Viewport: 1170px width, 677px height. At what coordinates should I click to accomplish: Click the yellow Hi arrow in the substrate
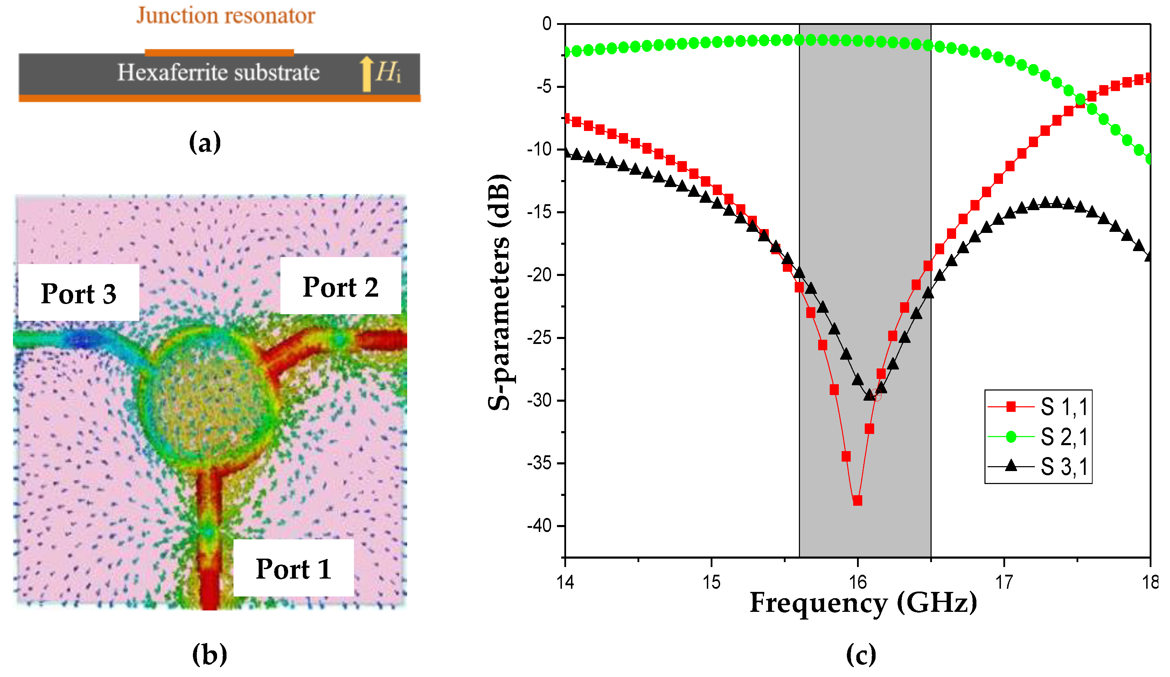(366, 73)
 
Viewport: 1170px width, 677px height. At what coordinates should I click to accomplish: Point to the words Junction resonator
(226, 15)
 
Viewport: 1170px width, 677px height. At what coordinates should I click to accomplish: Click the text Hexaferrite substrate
(218, 72)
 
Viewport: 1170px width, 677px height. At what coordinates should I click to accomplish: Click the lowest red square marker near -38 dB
(857, 500)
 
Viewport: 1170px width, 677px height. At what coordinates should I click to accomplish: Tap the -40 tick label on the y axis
(539, 526)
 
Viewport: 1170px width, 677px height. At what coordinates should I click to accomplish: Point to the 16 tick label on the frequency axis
(857, 582)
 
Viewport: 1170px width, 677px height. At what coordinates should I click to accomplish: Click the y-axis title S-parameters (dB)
(499, 292)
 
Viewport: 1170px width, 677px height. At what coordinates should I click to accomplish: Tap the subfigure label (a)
(205, 142)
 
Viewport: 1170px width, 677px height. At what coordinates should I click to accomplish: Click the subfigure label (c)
(861, 654)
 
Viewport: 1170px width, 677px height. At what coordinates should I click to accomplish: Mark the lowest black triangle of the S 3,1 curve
(869, 395)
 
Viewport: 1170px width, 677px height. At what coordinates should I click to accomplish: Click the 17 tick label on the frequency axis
(1004, 582)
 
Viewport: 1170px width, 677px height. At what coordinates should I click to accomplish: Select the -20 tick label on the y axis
(539, 275)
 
